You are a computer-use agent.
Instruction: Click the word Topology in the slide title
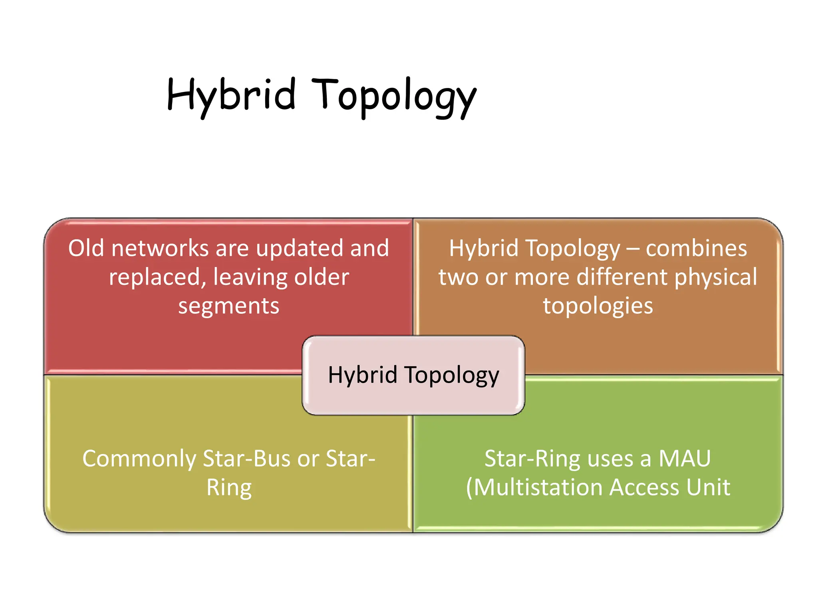pyautogui.click(x=393, y=96)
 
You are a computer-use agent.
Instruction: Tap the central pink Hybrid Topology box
pyautogui.click(x=413, y=375)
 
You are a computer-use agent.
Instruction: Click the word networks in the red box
pyautogui.click(x=160, y=248)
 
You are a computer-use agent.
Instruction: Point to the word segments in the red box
pyautogui.click(x=228, y=306)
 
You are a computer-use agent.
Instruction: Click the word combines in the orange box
pyautogui.click(x=696, y=248)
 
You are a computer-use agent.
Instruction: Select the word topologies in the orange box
pyautogui.click(x=598, y=306)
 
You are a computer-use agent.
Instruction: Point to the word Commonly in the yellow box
pyautogui.click(x=139, y=459)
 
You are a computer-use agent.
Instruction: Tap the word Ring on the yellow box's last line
pyautogui.click(x=228, y=488)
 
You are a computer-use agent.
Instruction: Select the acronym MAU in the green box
pyautogui.click(x=685, y=459)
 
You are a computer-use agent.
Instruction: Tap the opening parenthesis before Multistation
pyautogui.click(x=469, y=488)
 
